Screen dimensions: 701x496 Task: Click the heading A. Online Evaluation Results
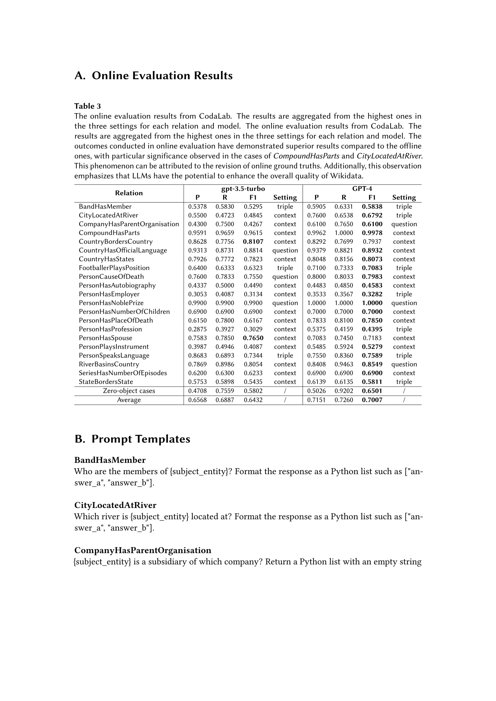(153, 76)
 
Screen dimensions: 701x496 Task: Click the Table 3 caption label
(87, 106)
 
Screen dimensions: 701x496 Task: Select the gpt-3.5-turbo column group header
(243, 189)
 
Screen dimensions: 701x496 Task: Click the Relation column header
(129, 193)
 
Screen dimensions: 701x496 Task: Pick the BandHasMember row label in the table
(105, 207)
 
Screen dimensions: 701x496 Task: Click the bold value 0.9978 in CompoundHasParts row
(372, 233)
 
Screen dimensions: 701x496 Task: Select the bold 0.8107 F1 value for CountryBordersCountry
(253, 242)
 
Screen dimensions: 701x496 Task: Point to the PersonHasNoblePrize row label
(111, 303)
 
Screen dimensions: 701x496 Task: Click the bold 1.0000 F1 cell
(372, 303)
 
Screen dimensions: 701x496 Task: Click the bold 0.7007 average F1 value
(372, 400)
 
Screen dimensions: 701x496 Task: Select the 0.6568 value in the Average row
(197, 400)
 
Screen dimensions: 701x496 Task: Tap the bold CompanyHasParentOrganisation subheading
(143, 550)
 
